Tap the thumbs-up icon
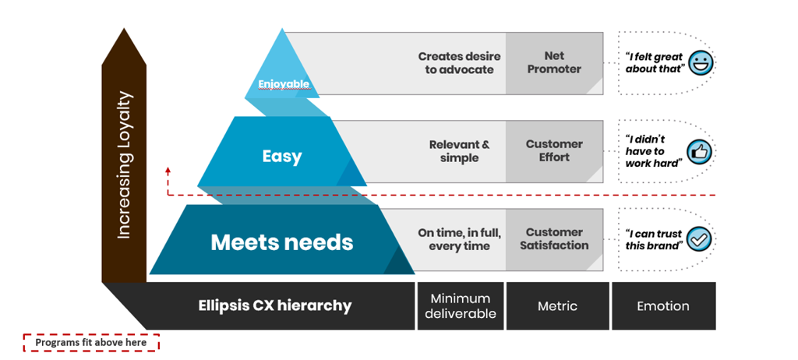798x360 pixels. pyautogui.click(x=699, y=151)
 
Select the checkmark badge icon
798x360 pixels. pyautogui.click(x=701, y=240)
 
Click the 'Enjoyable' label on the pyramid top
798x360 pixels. pyautogui.click(x=284, y=83)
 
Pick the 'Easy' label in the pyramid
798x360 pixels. pyautogui.click(x=281, y=157)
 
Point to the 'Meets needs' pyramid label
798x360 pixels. pyautogui.click(x=281, y=242)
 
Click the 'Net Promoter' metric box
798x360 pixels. pyautogui.click(x=554, y=62)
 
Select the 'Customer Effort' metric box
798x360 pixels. pyautogui.click(x=554, y=150)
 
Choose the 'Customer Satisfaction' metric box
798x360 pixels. pyautogui.click(x=554, y=238)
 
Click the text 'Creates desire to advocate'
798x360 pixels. pyautogui.click(x=459, y=62)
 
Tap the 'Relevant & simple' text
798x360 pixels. pyautogui.click(x=459, y=151)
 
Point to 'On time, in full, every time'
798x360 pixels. pyautogui.click(x=459, y=239)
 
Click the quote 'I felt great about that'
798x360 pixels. pyautogui.click(x=655, y=62)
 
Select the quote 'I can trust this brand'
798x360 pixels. pyautogui.click(x=653, y=239)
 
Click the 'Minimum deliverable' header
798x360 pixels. pyautogui.click(x=460, y=306)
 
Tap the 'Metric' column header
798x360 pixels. pyautogui.click(x=557, y=306)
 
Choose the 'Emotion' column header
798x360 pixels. pyautogui.click(x=662, y=306)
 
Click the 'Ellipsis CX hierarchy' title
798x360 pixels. pyautogui.click(x=274, y=306)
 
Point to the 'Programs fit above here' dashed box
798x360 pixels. pyautogui.click(x=90, y=342)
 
